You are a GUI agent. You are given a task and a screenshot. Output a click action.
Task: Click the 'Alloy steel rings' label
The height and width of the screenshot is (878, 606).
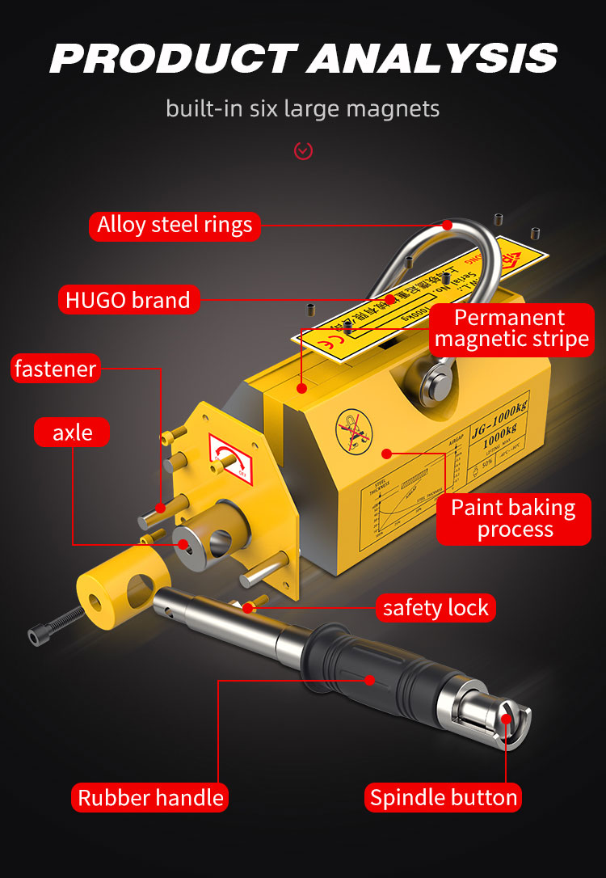click(x=175, y=225)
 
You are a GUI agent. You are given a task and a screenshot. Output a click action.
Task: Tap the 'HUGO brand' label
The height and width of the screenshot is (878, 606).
click(x=128, y=300)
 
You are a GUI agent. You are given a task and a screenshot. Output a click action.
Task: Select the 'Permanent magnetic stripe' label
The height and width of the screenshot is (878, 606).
click(x=511, y=328)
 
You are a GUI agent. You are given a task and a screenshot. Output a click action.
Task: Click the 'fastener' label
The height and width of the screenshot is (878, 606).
click(x=55, y=369)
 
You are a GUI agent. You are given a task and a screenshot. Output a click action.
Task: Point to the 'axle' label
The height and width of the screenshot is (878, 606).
click(x=73, y=433)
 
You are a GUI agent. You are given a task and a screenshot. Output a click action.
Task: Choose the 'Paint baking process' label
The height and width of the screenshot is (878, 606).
click(x=513, y=519)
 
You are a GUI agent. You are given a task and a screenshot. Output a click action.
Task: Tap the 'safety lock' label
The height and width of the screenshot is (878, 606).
click(x=436, y=608)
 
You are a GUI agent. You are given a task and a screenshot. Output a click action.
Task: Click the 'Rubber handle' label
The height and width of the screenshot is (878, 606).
click(x=150, y=798)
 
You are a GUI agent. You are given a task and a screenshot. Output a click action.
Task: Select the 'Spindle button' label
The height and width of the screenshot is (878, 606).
click(x=444, y=798)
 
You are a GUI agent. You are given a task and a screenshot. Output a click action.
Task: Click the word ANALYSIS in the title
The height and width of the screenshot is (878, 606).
click(x=432, y=58)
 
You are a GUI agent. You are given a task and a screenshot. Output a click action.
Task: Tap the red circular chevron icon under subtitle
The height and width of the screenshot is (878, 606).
click(x=303, y=150)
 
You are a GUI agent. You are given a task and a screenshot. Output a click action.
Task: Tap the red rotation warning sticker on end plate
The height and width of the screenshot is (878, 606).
click(x=229, y=459)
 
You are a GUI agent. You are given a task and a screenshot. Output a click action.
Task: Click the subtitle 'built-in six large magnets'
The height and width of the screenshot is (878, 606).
click(x=303, y=108)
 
